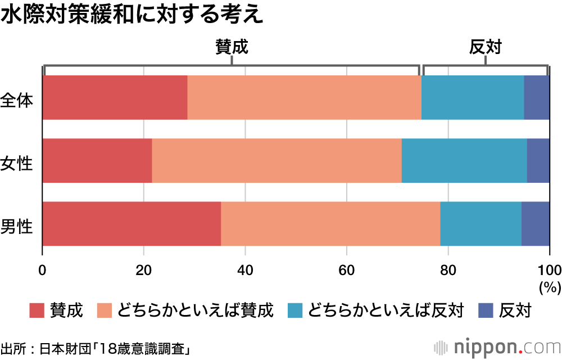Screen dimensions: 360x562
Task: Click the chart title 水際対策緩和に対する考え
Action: [x=132, y=15]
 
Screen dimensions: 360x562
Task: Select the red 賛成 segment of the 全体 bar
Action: [x=115, y=97]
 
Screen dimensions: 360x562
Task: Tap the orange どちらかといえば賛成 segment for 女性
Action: [x=277, y=161]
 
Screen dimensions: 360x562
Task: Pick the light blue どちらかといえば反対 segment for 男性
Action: [x=481, y=224]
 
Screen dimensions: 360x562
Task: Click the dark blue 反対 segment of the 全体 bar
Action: [x=537, y=97]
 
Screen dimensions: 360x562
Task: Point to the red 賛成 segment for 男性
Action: [x=132, y=224]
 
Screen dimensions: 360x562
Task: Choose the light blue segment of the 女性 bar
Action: [x=464, y=161]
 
